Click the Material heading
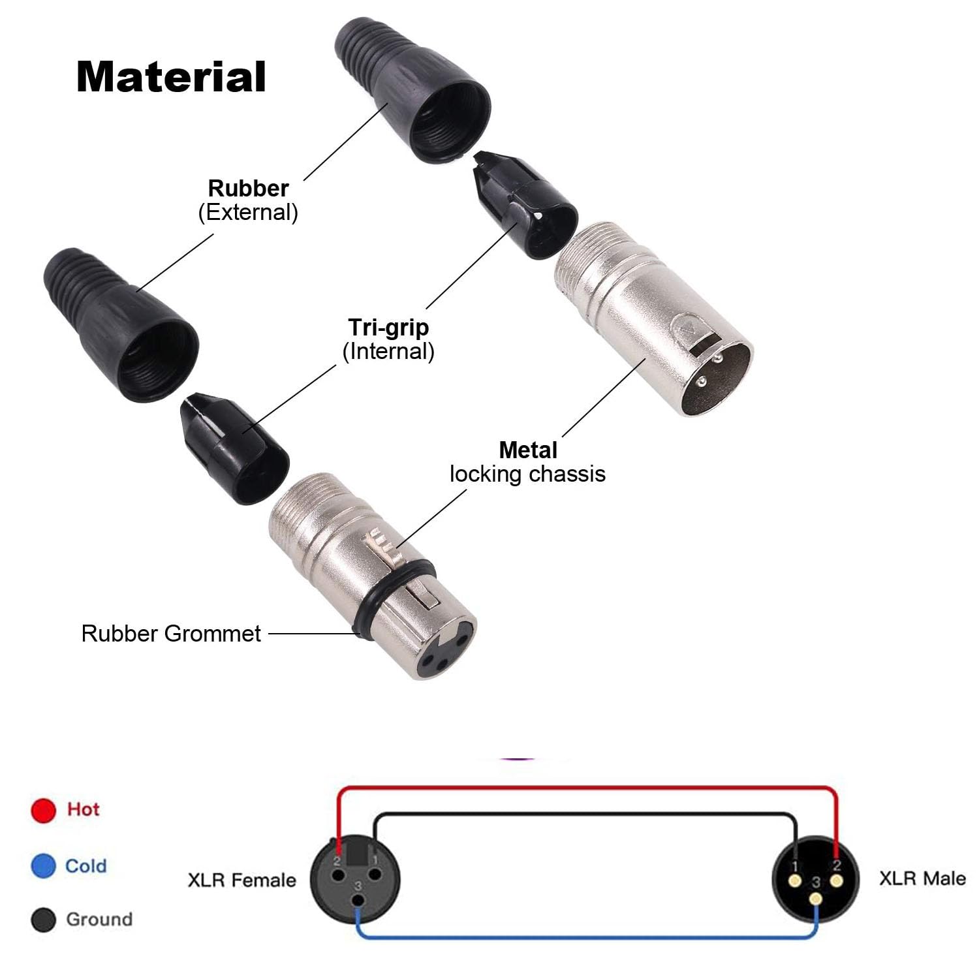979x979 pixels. [x=171, y=77]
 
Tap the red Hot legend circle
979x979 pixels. [x=43, y=810]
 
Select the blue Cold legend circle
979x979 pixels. [x=43, y=866]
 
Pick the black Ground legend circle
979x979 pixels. [x=43, y=920]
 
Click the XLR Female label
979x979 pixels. [x=241, y=880]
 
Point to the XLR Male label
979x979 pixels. [x=922, y=878]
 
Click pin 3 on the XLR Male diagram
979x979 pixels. [x=816, y=899]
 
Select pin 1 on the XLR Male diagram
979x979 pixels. [x=795, y=882]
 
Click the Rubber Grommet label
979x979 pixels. [x=171, y=633]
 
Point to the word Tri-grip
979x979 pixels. [x=388, y=327]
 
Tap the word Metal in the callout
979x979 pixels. [x=528, y=450]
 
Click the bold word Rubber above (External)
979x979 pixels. [x=248, y=188]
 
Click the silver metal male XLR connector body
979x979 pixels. [x=653, y=320]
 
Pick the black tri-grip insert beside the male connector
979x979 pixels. [x=525, y=204]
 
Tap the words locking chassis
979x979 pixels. [x=527, y=474]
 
